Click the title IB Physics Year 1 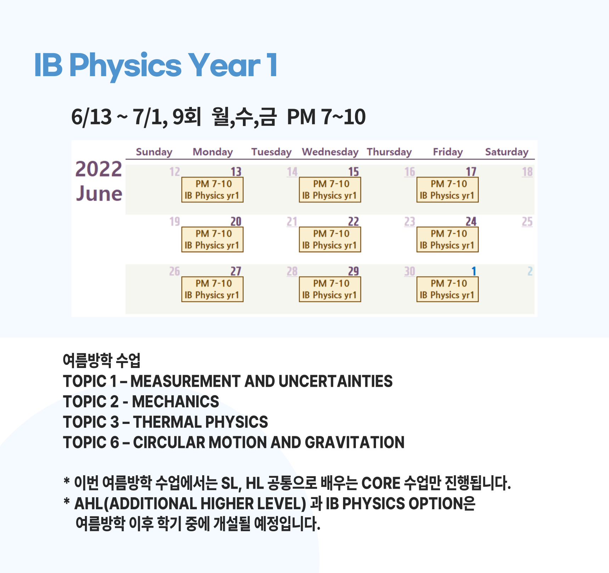pyautogui.click(x=156, y=66)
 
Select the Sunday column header pyautogui.click(x=154, y=152)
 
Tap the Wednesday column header pyautogui.click(x=330, y=152)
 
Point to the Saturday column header pyautogui.click(x=507, y=152)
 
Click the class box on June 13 pyautogui.click(x=212, y=190)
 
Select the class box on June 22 pyautogui.click(x=330, y=239)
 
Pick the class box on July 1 pyautogui.click(x=448, y=289)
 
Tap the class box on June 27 pyautogui.click(x=212, y=289)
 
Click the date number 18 pyautogui.click(x=527, y=172)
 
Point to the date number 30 pyautogui.click(x=410, y=272)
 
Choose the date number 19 pyautogui.click(x=175, y=222)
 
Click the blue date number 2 pyautogui.click(x=530, y=272)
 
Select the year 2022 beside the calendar pyautogui.click(x=99, y=169)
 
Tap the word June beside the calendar pyautogui.click(x=99, y=194)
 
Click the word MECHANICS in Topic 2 pyautogui.click(x=176, y=402)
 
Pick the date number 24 pyautogui.click(x=471, y=222)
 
